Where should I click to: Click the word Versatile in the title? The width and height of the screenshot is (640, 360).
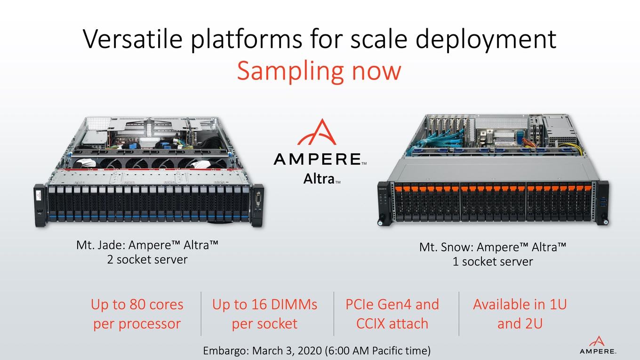click(133, 39)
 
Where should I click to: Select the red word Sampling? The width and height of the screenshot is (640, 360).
click(290, 72)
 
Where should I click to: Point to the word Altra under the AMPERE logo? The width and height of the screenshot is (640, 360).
click(319, 179)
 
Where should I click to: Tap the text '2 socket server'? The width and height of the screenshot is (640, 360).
click(147, 260)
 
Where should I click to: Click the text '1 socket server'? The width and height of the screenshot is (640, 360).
click(493, 262)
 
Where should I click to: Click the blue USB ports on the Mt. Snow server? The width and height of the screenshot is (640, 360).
click(602, 202)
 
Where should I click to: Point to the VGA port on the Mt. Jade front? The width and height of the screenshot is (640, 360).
click(258, 199)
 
